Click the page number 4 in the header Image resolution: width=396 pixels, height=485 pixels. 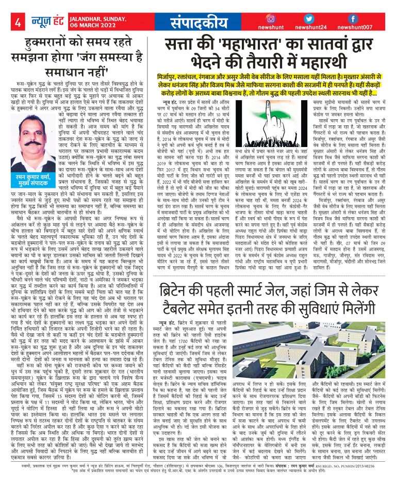click(18, 23)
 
